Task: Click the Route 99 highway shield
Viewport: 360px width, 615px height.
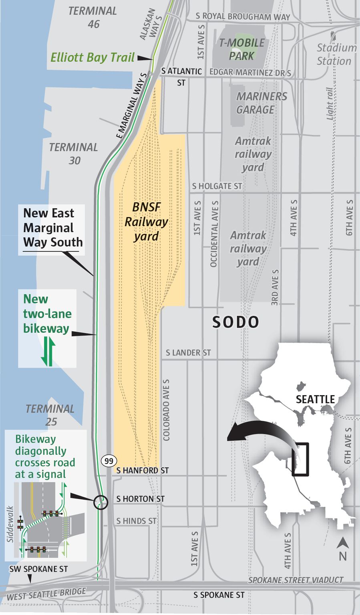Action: click(109, 461)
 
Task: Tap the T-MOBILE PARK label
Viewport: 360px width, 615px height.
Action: click(241, 49)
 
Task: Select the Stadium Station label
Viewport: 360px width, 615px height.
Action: click(336, 54)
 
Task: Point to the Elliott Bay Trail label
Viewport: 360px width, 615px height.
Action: click(92, 57)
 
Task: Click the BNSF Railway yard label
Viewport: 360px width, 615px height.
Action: click(146, 221)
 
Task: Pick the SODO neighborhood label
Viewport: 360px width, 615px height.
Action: click(235, 322)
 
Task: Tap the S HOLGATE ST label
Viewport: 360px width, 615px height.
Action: click(217, 186)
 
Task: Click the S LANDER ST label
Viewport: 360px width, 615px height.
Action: click(188, 353)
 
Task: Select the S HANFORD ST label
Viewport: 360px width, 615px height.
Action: click(143, 470)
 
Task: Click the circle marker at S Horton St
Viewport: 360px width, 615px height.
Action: click(101, 502)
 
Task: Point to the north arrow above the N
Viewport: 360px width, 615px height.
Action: click(342, 543)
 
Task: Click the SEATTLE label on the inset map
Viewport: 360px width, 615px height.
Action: click(315, 399)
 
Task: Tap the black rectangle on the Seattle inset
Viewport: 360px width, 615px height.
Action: click(300, 459)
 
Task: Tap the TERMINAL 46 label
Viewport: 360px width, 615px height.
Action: click(93, 18)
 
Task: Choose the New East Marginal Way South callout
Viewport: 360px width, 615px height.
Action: click(52, 228)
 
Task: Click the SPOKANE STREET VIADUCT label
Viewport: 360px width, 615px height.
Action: click(296, 580)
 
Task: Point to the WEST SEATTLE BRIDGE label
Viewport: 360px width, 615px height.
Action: click(46, 594)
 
